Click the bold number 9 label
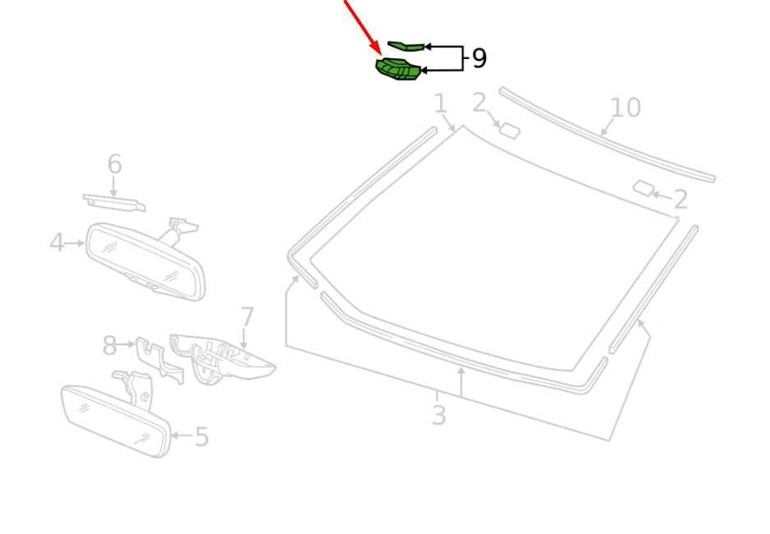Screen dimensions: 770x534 point(479,58)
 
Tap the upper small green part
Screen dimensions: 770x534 point(406,46)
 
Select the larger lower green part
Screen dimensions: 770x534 point(398,69)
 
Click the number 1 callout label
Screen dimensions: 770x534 point(441,104)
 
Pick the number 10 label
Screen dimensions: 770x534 point(626,108)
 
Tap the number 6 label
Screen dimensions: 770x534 point(114,163)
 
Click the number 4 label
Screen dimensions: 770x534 point(57,242)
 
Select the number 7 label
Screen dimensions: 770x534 point(247,317)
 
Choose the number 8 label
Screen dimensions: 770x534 point(109,345)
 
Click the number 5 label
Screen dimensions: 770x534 point(202,436)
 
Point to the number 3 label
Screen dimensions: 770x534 point(438,415)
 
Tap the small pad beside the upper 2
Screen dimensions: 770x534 point(509,131)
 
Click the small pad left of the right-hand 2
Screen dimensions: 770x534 point(644,188)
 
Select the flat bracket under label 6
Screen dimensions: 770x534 point(114,202)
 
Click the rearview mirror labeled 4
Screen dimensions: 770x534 point(145,261)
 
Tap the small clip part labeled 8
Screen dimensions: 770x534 point(158,360)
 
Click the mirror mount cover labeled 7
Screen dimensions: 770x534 point(221,357)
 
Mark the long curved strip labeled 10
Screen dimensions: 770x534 point(607,135)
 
